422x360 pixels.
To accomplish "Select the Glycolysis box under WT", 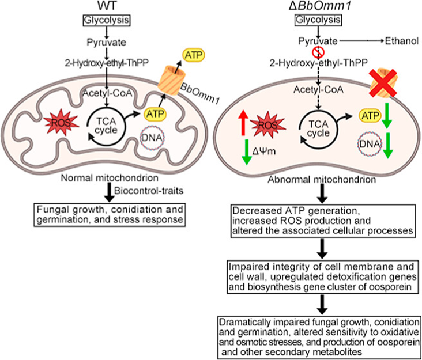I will click(x=103, y=20).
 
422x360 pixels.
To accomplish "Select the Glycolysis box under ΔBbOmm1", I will click(x=317, y=20).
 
